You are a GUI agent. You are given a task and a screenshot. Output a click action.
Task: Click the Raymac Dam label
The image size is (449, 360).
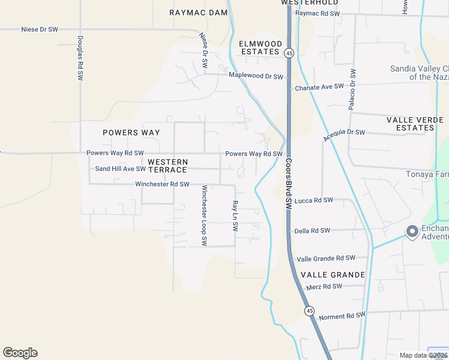(198, 12)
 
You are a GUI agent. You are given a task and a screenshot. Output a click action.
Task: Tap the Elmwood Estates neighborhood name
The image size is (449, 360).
(261, 48)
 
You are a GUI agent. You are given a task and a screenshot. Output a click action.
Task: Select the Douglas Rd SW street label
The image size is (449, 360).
(80, 58)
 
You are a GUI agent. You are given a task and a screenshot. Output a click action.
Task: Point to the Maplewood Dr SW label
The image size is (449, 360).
(256, 76)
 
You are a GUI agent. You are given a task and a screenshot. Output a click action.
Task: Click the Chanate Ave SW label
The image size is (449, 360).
(319, 87)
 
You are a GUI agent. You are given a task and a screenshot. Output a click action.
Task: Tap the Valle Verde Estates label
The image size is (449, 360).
(415, 124)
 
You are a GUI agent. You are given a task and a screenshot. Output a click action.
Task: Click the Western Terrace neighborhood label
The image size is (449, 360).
(167, 166)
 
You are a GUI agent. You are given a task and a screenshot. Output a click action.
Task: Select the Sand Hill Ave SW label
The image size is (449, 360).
(120, 169)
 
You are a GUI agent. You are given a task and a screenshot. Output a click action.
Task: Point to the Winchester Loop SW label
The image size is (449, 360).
(204, 215)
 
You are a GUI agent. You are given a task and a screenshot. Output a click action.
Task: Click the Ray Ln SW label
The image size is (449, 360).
(235, 217)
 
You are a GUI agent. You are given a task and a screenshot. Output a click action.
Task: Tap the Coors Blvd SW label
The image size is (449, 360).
(288, 184)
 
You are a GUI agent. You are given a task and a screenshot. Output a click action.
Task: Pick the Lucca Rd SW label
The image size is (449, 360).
(314, 200)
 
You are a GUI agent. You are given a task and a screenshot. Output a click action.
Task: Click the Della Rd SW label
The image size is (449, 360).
(312, 230)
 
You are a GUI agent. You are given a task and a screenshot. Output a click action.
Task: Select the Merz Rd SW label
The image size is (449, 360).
(324, 286)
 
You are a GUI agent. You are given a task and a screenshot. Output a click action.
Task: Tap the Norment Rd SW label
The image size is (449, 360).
(342, 316)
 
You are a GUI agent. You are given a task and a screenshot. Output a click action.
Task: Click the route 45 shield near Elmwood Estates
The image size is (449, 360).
(289, 53)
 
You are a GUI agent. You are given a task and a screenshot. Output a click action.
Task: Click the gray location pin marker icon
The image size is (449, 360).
(412, 231)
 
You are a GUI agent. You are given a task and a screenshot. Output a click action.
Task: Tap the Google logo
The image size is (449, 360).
(20, 353)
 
